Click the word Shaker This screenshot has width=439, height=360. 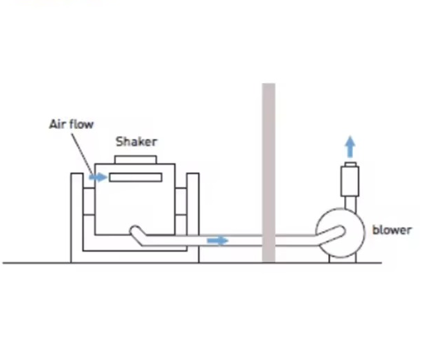[137, 142]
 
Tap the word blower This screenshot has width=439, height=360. [392, 230]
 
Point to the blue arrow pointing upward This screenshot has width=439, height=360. [350, 146]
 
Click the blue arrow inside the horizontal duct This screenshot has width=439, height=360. [218, 241]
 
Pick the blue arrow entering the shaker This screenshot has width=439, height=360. [98, 177]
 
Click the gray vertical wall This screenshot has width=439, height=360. [268, 173]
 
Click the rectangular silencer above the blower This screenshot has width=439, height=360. [350, 181]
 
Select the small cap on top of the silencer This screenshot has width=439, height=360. [350, 164]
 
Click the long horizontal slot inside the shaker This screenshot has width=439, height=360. [135, 178]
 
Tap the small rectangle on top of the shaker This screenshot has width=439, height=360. [136, 160]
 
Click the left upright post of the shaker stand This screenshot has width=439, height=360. [77, 218]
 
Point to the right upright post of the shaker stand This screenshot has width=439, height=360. [193, 218]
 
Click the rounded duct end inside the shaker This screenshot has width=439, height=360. [136, 231]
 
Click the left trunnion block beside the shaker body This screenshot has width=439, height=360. [89, 202]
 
